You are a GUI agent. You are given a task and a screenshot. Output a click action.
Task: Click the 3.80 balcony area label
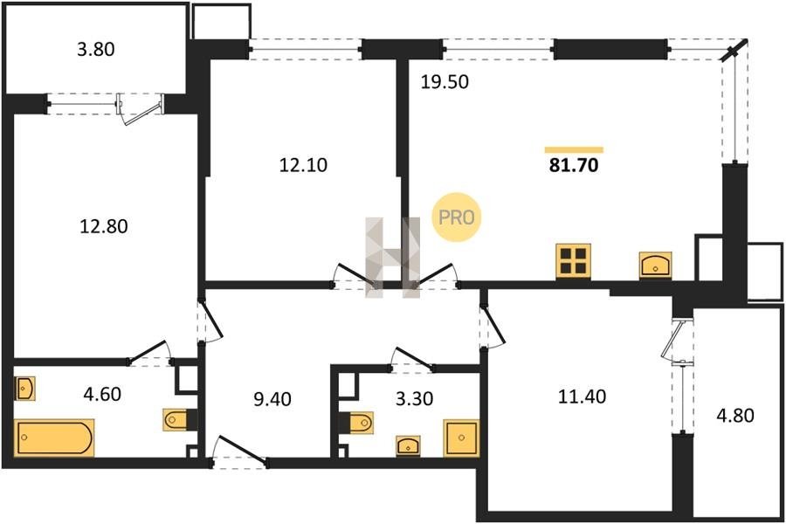click(x=96, y=49)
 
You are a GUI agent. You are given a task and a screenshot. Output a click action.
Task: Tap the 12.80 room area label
click(x=104, y=227)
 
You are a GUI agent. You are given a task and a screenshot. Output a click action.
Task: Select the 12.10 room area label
click(x=303, y=165)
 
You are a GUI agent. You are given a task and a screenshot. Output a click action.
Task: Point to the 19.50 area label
click(x=445, y=82)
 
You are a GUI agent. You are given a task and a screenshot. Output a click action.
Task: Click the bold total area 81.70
click(x=574, y=165)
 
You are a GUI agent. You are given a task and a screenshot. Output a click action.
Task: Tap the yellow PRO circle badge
click(x=457, y=217)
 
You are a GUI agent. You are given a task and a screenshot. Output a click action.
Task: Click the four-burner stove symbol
click(x=574, y=261)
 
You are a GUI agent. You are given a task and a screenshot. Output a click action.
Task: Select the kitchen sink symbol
click(x=655, y=265)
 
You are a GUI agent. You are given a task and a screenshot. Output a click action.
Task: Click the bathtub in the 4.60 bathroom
click(x=54, y=438)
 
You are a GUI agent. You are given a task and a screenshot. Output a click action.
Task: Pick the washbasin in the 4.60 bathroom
click(x=24, y=389)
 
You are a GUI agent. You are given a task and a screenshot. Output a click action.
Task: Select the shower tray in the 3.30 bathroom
click(x=461, y=438)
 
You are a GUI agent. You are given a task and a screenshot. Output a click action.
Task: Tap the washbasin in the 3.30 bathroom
click(x=408, y=445)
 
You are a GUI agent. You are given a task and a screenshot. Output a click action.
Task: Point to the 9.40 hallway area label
click(x=272, y=400)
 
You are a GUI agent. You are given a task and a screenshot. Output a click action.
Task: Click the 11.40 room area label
click(x=582, y=396)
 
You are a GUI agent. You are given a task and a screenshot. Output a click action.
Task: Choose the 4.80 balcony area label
click(x=735, y=416)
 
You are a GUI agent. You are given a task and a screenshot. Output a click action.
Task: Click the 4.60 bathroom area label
click(x=102, y=394)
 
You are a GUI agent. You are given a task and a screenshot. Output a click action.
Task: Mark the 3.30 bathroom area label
click(x=414, y=399)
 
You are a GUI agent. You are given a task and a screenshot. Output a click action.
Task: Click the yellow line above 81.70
click(x=574, y=149)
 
